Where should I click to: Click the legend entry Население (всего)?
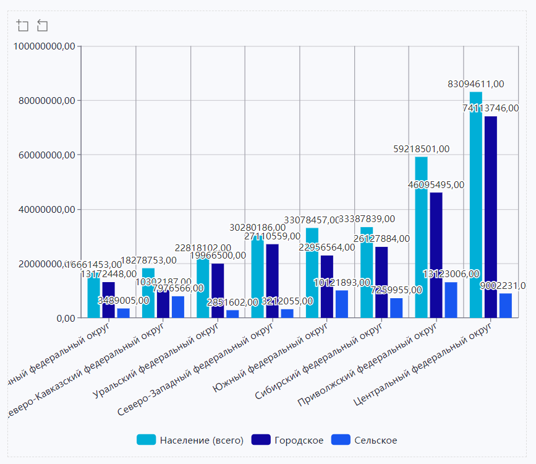tap(190, 440)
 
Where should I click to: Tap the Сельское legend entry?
tap(364, 440)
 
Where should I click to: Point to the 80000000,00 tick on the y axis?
tap(45, 100)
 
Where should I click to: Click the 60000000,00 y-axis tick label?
tap(45, 155)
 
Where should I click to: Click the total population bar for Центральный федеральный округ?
tap(475, 205)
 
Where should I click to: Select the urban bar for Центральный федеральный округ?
tap(490, 217)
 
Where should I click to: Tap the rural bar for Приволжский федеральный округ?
tap(451, 300)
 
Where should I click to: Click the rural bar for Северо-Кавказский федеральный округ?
tap(178, 307)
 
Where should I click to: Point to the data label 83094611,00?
tap(476, 84)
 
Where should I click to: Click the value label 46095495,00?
tap(436, 184)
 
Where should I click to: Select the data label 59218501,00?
tap(422, 149)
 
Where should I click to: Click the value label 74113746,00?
tap(490, 108)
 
